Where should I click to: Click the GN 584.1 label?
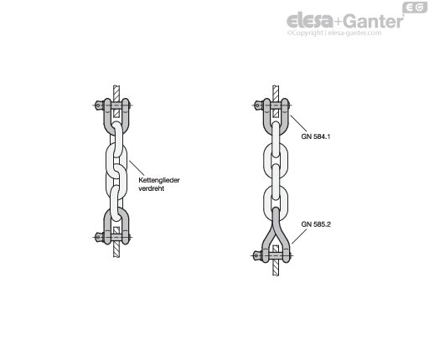click(x=316, y=136)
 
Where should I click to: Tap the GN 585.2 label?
click(x=316, y=224)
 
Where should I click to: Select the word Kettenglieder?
click(x=159, y=180)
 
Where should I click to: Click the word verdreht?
click(x=151, y=188)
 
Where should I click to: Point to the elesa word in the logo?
click(x=310, y=21)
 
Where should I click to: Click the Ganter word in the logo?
click(x=374, y=21)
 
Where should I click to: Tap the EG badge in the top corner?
click(x=415, y=8)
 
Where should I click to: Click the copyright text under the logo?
click(x=334, y=33)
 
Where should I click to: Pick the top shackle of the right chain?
click(x=285, y=117)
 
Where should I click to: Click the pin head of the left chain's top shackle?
click(x=98, y=105)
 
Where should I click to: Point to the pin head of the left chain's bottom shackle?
click(x=98, y=237)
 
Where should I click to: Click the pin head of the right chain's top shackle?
click(x=258, y=105)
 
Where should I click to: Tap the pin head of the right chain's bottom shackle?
click(x=257, y=255)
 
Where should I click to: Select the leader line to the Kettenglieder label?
click(x=137, y=167)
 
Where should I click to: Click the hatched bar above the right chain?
click(x=276, y=92)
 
